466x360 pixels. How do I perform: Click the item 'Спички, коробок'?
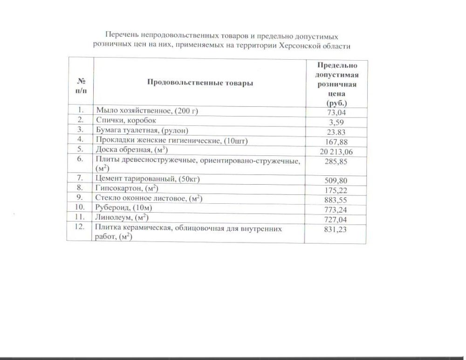pyautogui.click(x=123, y=120)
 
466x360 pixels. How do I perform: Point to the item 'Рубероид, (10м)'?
pyautogui.click(x=124, y=208)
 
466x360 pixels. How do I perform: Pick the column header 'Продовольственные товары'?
pyautogui.click(x=200, y=83)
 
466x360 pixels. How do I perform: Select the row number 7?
pyautogui.click(x=81, y=178)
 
